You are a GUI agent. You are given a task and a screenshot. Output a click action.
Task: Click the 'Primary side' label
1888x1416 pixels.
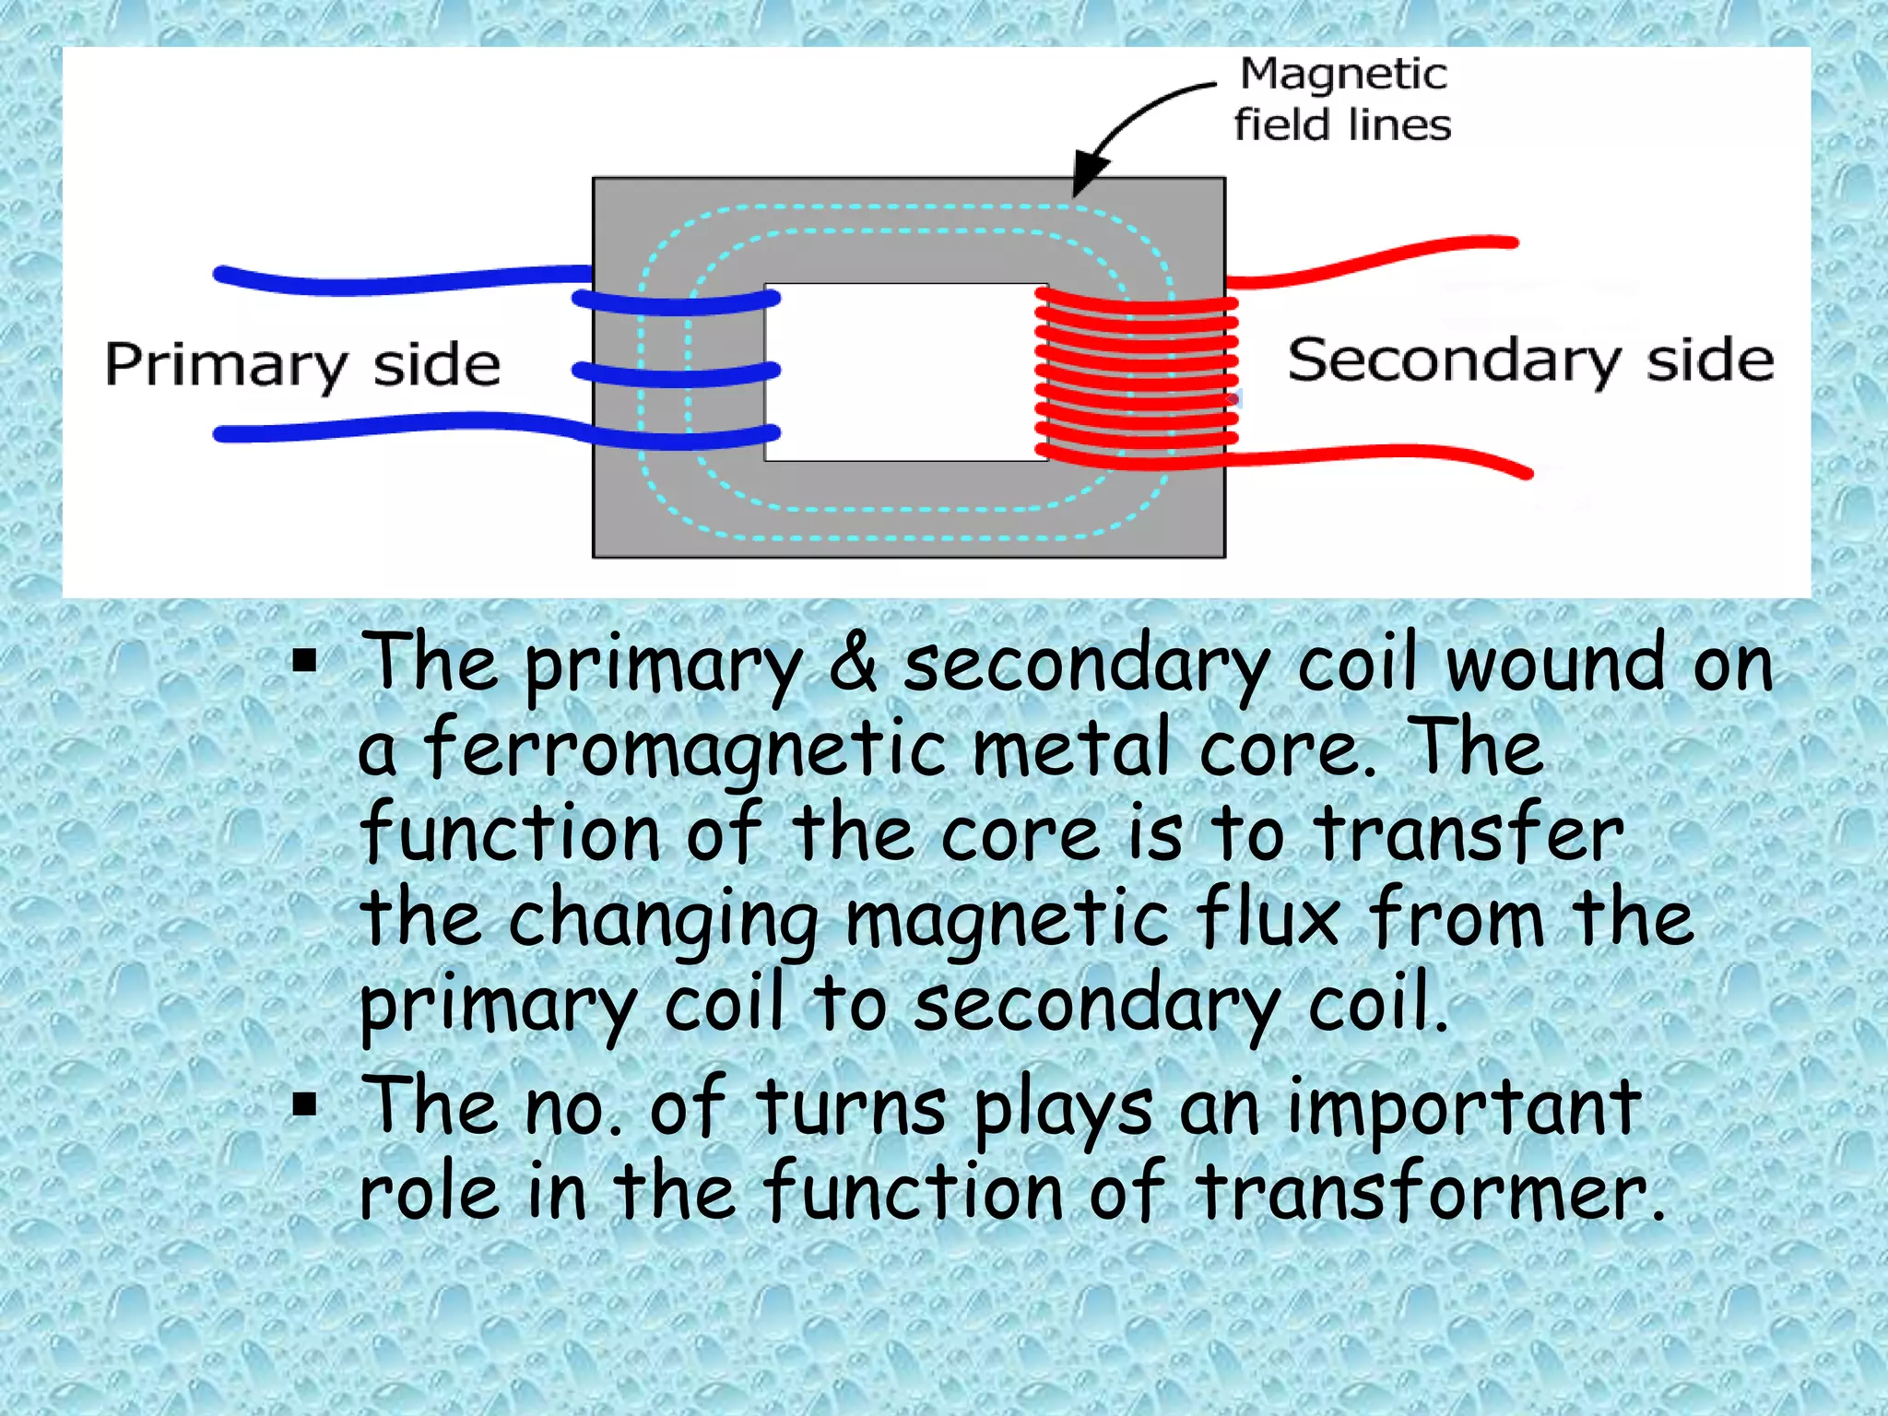tap(302, 365)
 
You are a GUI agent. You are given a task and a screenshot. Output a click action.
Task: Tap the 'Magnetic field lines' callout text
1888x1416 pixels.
tap(1342, 100)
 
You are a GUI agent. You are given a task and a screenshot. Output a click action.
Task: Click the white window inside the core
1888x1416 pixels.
tap(905, 372)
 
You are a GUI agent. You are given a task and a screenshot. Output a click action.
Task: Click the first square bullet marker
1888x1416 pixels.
tap(304, 661)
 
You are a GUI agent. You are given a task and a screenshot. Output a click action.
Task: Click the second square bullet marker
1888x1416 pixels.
tap(304, 1103)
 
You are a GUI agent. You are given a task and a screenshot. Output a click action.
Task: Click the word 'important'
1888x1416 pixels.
tap(1464, 1106)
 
